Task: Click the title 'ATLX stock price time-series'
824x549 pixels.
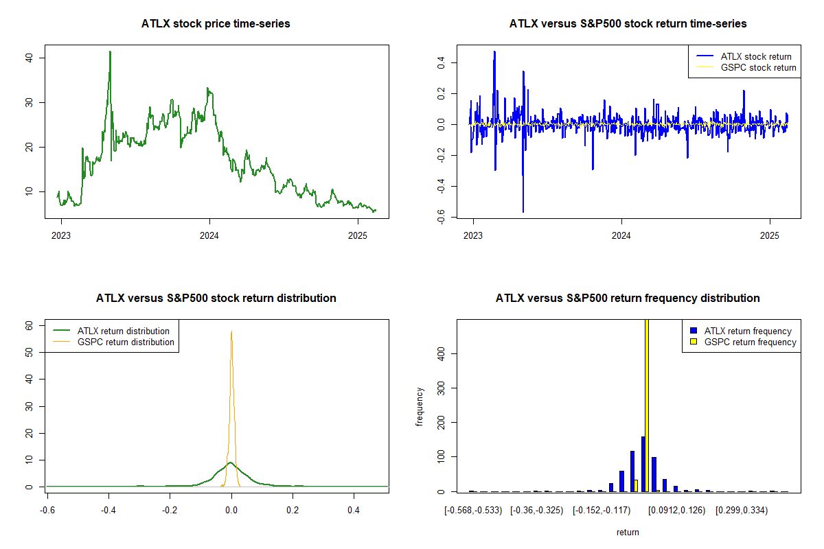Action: pyautogui.click(x=216, y=23)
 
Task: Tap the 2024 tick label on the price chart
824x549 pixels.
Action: pyautogui.click(x=209, y=235)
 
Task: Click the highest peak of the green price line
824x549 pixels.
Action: pyautogui.click(x=110, y=52)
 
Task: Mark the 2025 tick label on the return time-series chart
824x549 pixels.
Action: pyautogui.click(x=770, y=235)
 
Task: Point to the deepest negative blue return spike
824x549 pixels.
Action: pyautogui.click(x=523, y=212)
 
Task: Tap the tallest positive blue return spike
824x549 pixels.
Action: pyautogui.click(x=494, y=52)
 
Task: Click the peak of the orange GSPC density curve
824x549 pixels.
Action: pyautogui.click(x=231, y=331)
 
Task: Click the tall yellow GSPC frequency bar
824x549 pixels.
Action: pyautogui.click(x=647, y=405)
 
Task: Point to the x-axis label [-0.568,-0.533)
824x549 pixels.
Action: pyautogui.click(x=473, y=511)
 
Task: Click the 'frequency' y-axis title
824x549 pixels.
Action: pyautogui.click(x=420, y=407)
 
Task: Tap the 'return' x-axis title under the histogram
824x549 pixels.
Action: pyautogui.click(x=628, y=532)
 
